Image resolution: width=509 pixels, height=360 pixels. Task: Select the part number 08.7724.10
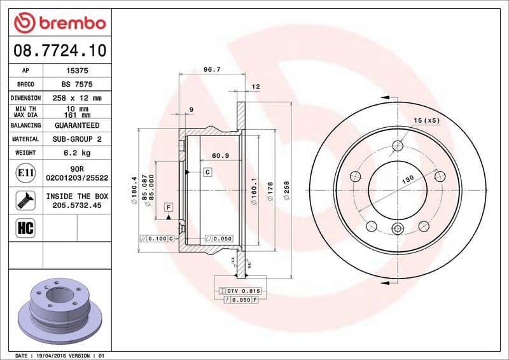tap(59, 50)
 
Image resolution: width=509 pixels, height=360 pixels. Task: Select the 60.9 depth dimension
tap(220, 155)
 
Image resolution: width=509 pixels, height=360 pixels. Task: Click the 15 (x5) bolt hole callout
tap(426, 120)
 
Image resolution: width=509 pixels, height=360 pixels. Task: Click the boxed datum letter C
tap(207, 172)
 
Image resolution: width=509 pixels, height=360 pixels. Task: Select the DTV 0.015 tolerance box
tap(240, 290)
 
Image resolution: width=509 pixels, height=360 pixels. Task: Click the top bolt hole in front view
tap(398, 146)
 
